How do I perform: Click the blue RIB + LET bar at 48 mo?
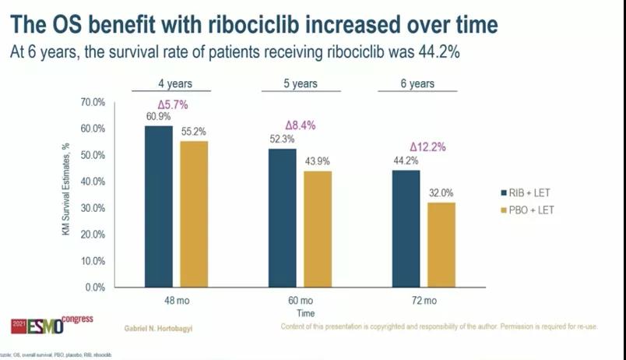pyautogui.click(x=159, y=206)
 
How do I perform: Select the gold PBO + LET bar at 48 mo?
pyautogui.click(x=195, y=214)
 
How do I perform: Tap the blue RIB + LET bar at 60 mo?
pyautogui.click(x=282, y=217)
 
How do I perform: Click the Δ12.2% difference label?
pyautogui.click(x=427, y=146)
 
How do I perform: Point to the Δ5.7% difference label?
pyautogui.click(x=175, y=104)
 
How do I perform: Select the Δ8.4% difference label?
pyautogui.click(x=301, y=125)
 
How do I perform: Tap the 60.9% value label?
pyautogui.click(x=157, y=117)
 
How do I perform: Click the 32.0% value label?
pyautogui.click(x=441, y=192)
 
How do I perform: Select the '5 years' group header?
pyautogui.click(x=300, y=83)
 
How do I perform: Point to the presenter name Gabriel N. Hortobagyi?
pyautogui.click(x=160, y=328)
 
